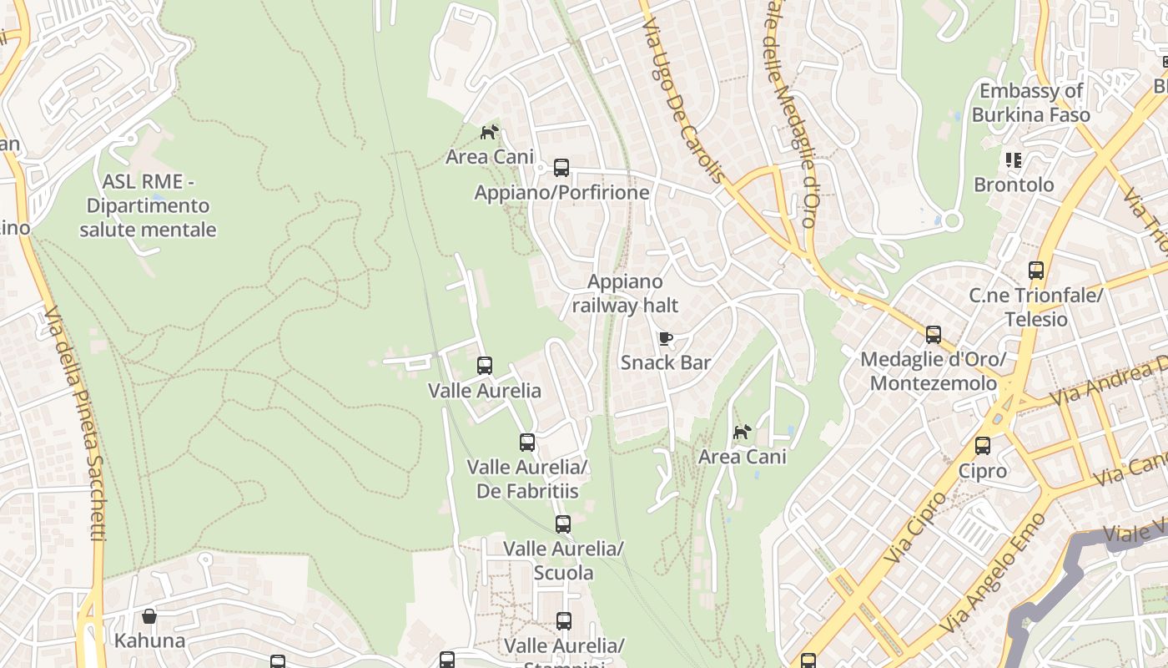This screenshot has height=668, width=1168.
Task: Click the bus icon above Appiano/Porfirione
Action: click(x=561, y=168)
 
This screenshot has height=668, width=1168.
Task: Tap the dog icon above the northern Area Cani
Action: click(x=489, y=132)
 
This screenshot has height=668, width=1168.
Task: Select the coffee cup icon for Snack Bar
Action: click(x=665, y=338)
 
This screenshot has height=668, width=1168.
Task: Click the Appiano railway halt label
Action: click(x=625, y=294)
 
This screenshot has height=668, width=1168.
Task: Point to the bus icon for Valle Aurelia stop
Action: click(x=485, y=366)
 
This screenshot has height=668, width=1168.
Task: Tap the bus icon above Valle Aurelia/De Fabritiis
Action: click(x=527, y=443)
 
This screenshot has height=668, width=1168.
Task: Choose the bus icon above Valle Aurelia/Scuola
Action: click(x=563, y=524)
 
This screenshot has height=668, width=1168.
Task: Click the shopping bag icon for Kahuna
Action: click(x=149, y=617)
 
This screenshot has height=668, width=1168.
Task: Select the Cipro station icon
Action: click(x=983, y=446)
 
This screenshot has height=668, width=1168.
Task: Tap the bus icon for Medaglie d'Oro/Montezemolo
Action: click(x=934, y=335)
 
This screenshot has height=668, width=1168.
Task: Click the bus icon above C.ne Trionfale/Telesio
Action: click(x=1036, y=271)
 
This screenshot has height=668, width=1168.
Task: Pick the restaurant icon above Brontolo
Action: click(x=1014, y=159)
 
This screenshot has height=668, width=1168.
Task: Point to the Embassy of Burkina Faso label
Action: click(x=1031, y=103)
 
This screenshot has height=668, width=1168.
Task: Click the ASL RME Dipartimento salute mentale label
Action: click(x=148, y=205)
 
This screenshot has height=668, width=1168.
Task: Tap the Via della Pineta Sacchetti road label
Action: click(x=75, y=422)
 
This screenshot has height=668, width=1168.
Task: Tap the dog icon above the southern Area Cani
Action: click(x=742, y=432)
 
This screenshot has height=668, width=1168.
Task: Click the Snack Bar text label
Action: click(x=666, y=362)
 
